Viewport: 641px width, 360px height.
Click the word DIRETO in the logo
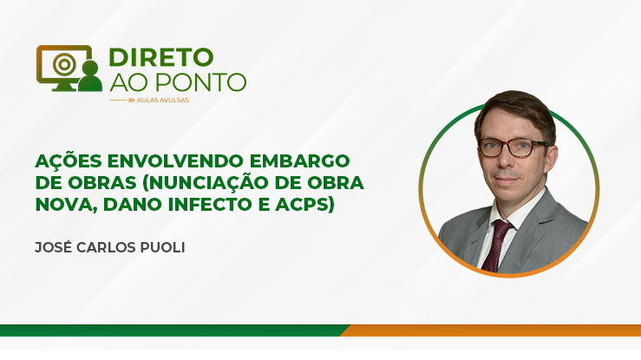(161, 57)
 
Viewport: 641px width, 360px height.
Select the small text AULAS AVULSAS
(163, 100)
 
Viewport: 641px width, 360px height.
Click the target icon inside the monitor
(64, 64)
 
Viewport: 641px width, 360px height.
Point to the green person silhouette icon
(90, 75)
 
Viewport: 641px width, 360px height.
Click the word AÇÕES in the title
(69, 161)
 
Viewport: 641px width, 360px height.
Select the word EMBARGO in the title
(299, 161)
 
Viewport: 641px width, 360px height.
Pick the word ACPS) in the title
(305, 205)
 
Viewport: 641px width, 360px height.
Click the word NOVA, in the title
(67, 205)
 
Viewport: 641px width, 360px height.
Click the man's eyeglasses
(513, 147)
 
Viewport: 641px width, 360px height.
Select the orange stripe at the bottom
(491, 331)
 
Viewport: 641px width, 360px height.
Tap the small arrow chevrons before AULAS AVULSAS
(131, 100)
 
